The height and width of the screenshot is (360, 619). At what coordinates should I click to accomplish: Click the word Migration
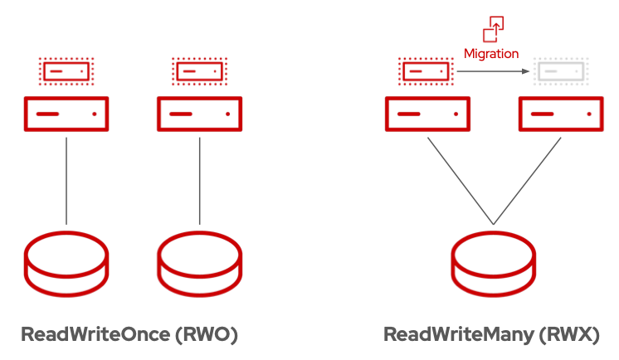(491, 53)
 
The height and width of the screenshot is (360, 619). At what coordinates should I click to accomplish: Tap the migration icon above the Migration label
(493, 27)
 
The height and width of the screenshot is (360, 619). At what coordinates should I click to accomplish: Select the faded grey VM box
(560, 72)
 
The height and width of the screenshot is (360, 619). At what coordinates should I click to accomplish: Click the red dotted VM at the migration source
(426, 72)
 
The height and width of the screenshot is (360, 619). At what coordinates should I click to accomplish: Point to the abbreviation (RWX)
(568, 335)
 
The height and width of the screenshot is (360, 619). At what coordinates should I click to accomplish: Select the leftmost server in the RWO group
(66, 113)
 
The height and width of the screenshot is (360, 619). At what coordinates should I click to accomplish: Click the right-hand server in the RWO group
(199, 113)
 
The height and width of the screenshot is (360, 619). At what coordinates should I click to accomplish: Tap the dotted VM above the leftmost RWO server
(66, 72)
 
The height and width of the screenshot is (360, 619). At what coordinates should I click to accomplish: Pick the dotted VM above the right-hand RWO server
(199, 72)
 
